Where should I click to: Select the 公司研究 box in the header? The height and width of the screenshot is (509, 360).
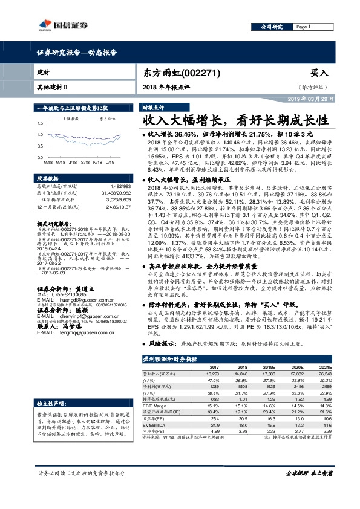click(x=272, y=27)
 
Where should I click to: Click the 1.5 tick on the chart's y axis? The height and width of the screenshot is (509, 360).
click(x=40, y=120)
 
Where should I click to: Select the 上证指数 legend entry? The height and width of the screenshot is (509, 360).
click(x=70, y=119)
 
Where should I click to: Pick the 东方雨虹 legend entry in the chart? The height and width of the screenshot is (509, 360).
click(x=109, y=119)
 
